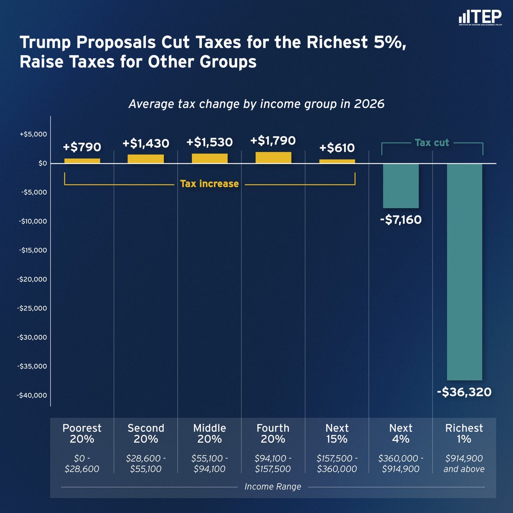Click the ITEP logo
480,18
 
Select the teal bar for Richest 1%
464,271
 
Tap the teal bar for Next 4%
401,186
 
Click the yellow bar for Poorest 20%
82,161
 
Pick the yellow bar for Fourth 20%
273,157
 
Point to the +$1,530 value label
209,142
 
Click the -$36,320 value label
464,392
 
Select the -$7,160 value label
401,220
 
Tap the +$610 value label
337,148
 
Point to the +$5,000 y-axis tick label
33,134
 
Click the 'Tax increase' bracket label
209,184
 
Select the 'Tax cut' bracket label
432,143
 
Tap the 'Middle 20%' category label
209,433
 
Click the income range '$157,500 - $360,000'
337,463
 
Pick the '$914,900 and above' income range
464,463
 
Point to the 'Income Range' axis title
273,486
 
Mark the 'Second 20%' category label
146,433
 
